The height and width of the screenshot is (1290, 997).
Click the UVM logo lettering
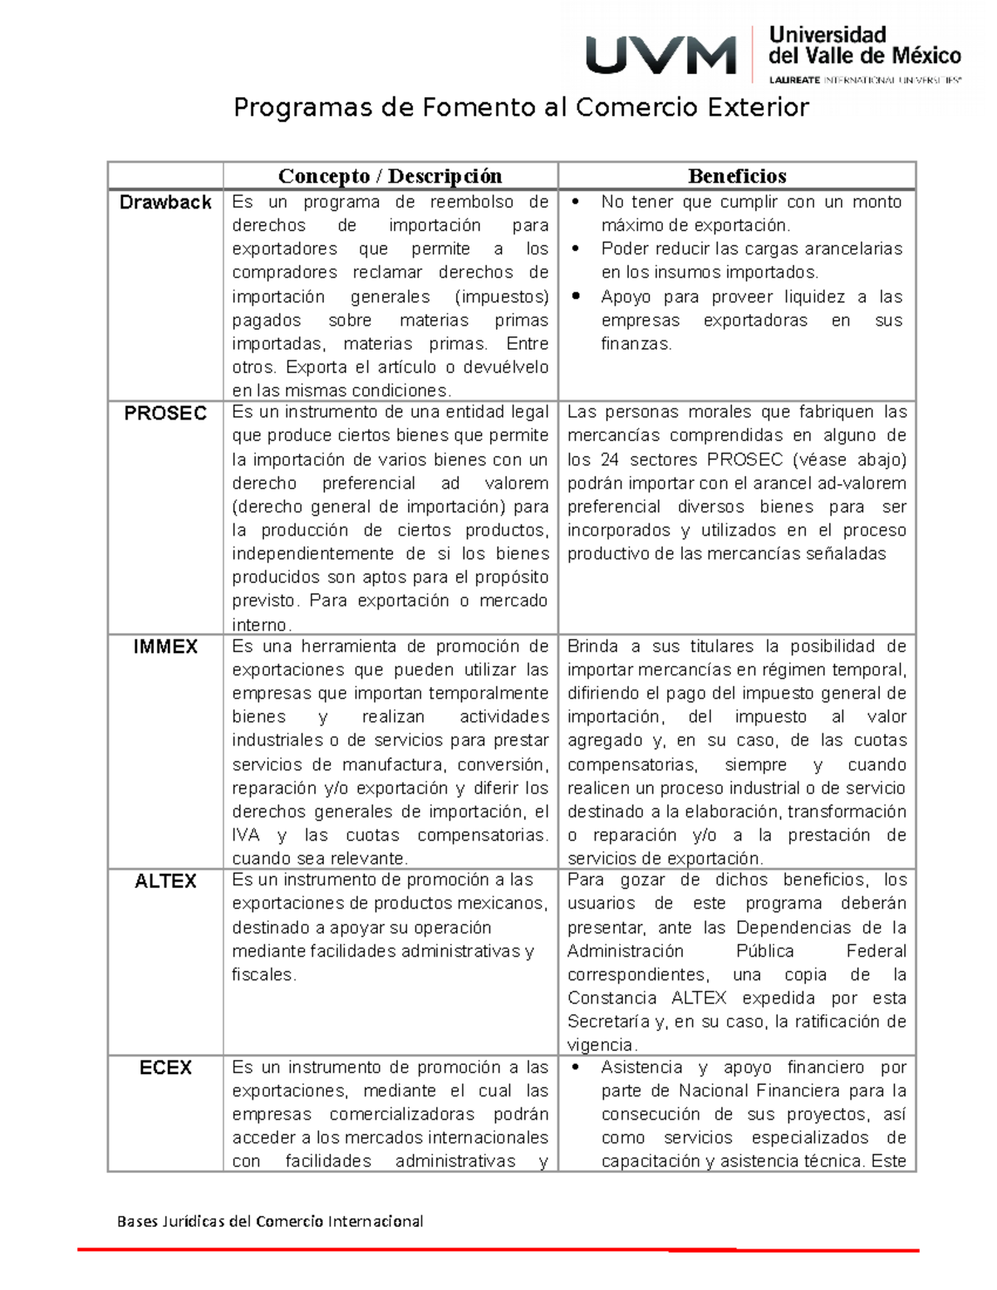point(661,56)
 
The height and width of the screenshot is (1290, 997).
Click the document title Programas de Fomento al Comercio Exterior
point(521,107)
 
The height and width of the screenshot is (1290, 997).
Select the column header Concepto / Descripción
point(390,176)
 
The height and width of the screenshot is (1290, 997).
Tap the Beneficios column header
point(736,176)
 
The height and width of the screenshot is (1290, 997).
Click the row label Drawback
point(165,203)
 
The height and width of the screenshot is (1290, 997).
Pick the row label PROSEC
point(165,414)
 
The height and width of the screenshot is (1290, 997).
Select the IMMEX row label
point(165,647)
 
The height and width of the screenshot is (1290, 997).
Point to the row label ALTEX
point(165,881)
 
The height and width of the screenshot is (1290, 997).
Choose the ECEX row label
point(165,1068)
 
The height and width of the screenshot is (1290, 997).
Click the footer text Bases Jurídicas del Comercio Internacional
point(270,1221)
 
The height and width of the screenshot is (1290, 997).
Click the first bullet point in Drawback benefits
point(576,202)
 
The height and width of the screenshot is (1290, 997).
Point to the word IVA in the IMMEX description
point(246,836)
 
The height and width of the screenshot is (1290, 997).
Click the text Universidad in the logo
point(828,35)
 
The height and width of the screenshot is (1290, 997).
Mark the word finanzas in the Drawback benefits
point(635,344)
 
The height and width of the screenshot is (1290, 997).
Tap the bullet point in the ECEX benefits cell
point(576,1067)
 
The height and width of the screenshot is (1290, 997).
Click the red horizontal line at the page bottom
point(498,1249)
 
